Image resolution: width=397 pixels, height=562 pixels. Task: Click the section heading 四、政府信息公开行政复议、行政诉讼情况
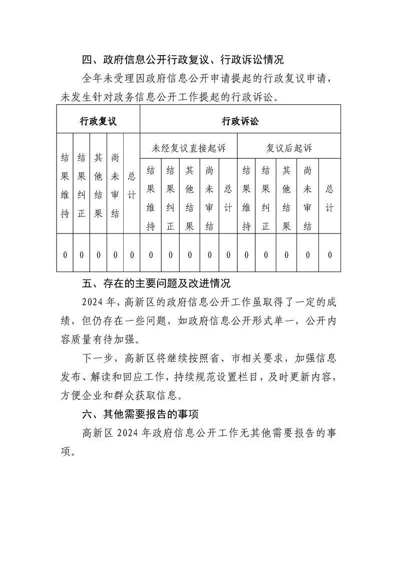(x=183, y=61)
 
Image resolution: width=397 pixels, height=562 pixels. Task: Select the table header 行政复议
(x=98, y=121)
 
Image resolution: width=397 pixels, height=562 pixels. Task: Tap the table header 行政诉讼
(x=240, y=121)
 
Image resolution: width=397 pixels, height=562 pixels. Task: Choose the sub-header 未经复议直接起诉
(x=189, y=148)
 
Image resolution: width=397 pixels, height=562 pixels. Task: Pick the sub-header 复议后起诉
(x=289, y=148)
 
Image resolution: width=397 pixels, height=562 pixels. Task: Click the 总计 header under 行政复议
(x=132, y=184)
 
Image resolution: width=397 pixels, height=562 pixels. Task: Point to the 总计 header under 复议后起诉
(x=329, y=196)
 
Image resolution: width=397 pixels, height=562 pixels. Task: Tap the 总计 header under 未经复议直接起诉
(x=228, y=196)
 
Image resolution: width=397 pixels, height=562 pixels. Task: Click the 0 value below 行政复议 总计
(x=132, y=255)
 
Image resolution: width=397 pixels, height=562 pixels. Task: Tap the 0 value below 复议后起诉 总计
(x=329, y=255)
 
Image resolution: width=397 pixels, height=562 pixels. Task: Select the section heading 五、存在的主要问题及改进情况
(x=156, y=284)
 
